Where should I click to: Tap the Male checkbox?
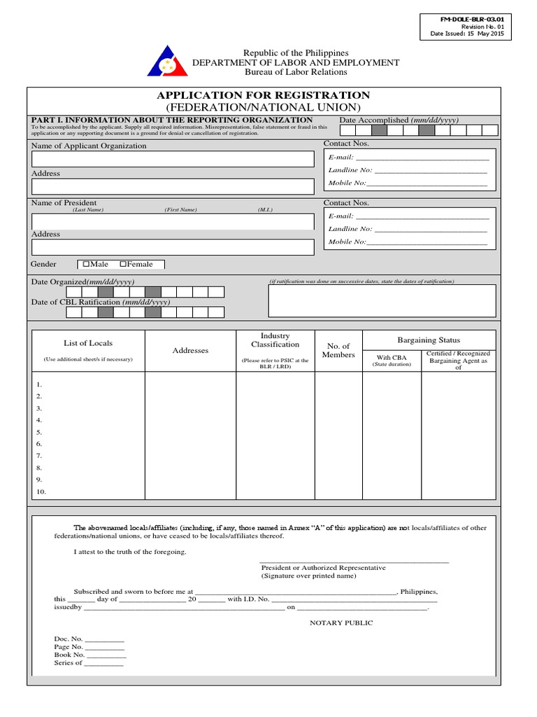[86, 265]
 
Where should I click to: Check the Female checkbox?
[124, 265]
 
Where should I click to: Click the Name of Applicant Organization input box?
[173, 159]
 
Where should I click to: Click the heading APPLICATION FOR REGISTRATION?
[263, 95]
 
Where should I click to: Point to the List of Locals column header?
[88, 343]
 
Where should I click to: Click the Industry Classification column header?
[275, 340]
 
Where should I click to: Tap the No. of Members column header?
[338, 350]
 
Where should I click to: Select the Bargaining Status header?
[429, 340]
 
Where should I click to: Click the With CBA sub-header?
[392, 357]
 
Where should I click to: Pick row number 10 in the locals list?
[41, 492]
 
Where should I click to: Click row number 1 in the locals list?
[40, 384]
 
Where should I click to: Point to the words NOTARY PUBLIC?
[341, 623]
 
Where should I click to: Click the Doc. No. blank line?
[105, 640]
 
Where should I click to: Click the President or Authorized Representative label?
[323, 568]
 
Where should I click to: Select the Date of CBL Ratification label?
[101, 302]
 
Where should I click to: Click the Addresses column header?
[190, 350]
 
